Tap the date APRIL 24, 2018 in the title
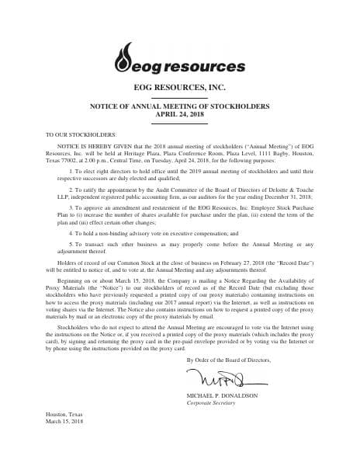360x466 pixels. coord(180,113)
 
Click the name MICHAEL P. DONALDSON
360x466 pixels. coord(222,395)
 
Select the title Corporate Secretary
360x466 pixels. coord(209,403)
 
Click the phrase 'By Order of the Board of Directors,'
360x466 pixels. coord(228,360)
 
